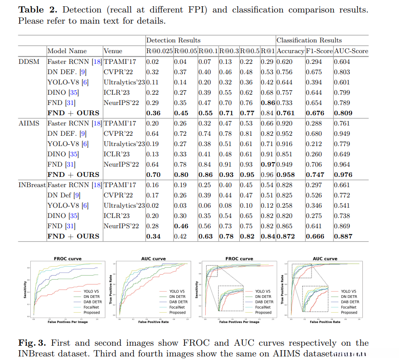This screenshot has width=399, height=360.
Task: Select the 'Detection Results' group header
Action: (x=173, y=40)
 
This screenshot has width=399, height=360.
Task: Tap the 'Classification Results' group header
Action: (x=309, y=40)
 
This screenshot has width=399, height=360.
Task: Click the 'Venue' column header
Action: (x=112, y=51)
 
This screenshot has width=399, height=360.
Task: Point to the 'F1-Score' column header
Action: (x=319, y=51)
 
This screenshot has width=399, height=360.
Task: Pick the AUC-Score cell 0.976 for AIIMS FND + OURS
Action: (x=343, y=175)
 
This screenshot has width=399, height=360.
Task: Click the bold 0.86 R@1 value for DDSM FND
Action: (x=268, y=102)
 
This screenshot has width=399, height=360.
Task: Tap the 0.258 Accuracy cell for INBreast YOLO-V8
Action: (x=285, y=205)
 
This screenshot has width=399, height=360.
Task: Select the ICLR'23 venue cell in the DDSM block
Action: (x=117, y=92)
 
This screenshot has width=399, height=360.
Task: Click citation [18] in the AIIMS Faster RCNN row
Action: (x=97, y=123)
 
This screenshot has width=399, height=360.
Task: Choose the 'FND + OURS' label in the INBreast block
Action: (x=73, y=236)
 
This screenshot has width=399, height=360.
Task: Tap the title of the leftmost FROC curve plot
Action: (x=65, y=259)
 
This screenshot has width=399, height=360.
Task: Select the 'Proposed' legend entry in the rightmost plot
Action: (x=349, y=312)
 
